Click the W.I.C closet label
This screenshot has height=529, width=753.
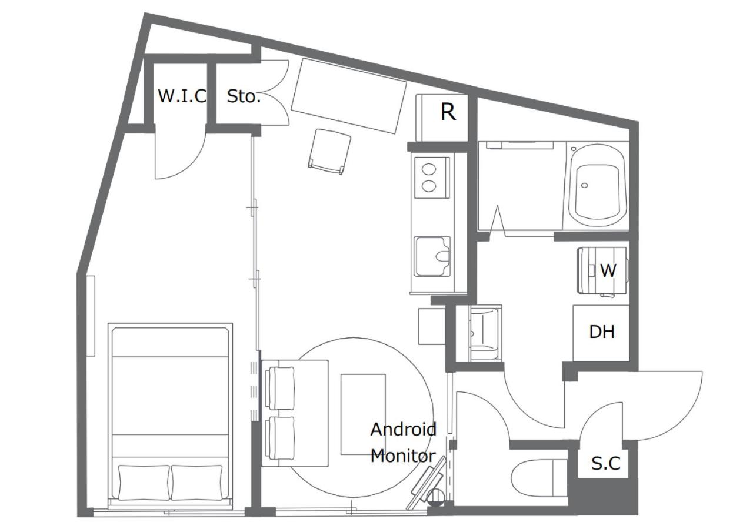point(182,96)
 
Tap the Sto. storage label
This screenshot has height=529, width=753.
point(244,96)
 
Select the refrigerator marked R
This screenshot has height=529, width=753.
point(442,118)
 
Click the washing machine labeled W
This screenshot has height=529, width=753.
point(602,271)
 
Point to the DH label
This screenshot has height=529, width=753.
point(602,332)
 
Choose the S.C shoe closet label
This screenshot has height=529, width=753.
point(606,464)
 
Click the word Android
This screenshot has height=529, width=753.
point(404,430)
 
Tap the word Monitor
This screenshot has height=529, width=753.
point(403,456)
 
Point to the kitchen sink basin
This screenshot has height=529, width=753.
point(432,256)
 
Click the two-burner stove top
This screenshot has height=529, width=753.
point(432,178)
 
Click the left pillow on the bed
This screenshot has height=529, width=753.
point(144,483)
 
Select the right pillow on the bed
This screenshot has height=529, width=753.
point(197,483)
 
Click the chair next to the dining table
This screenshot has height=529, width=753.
point(330,152)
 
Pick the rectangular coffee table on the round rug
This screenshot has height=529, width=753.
point(364,414)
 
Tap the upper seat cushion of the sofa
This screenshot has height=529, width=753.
point(279,388)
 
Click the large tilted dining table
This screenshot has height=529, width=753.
point(349,96)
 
